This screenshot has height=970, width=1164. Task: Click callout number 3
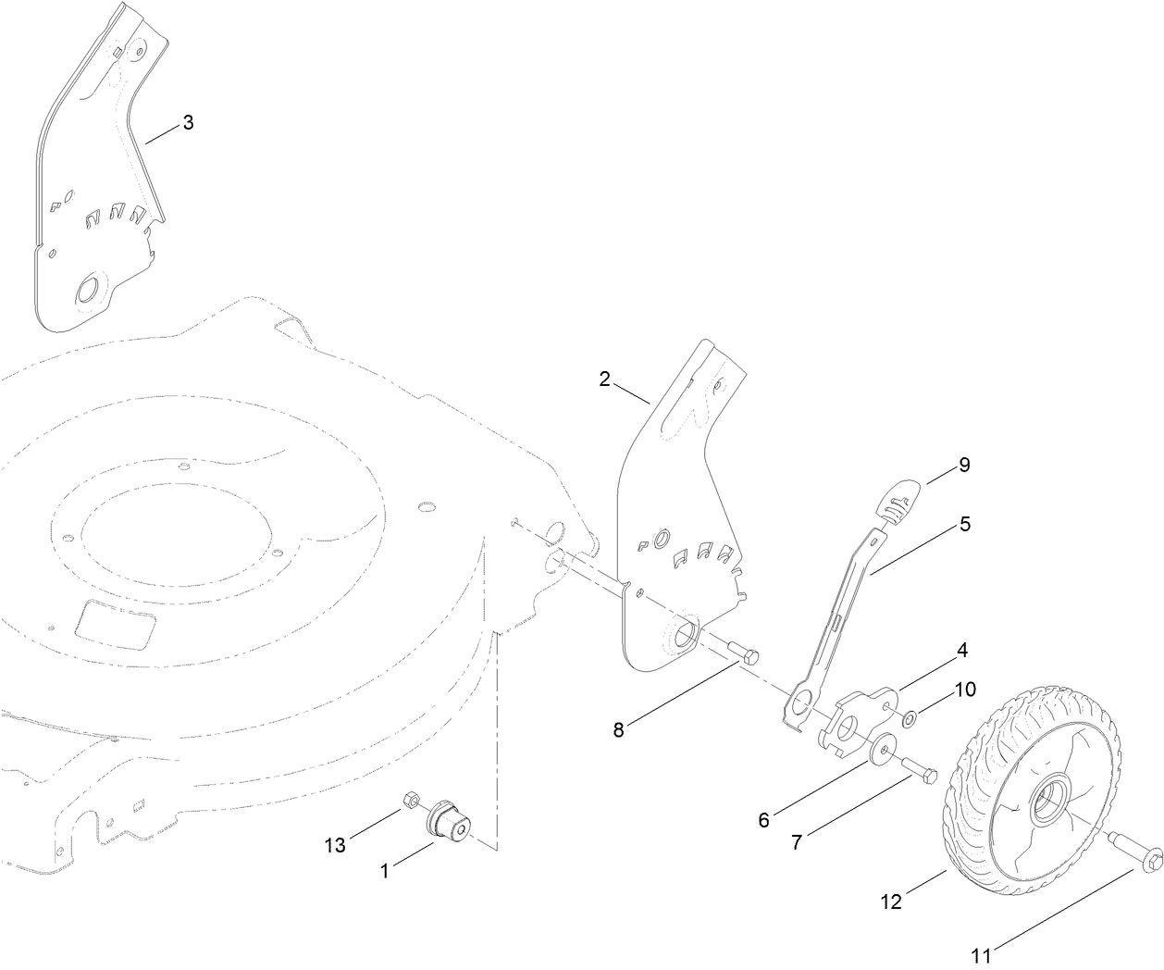(x=188, y=122)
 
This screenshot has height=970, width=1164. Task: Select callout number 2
(x=604, y=379)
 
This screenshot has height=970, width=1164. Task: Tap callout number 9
(x=964, y=465)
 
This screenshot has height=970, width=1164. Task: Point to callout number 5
(x=965, y=524)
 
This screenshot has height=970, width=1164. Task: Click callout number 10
(x=965, y=689)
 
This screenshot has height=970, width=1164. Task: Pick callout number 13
(x=335, y=844)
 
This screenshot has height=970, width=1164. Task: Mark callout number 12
(x=890, y=901)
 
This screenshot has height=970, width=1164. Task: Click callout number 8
(x=619, y=728)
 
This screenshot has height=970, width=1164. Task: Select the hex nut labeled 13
(x=412, y=799)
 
